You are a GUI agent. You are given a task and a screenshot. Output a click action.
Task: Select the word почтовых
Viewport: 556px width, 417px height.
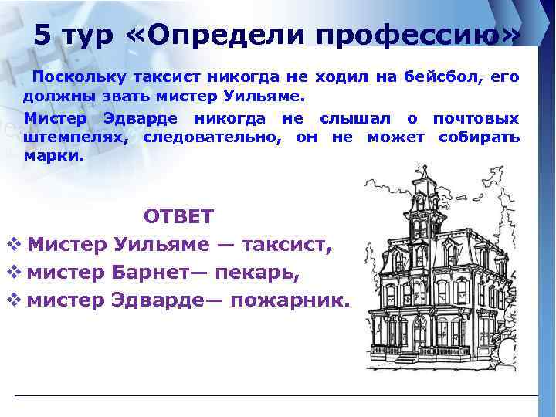click(x=476, y=118)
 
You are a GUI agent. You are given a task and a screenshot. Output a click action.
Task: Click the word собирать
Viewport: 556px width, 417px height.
click(x=479, y=137)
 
